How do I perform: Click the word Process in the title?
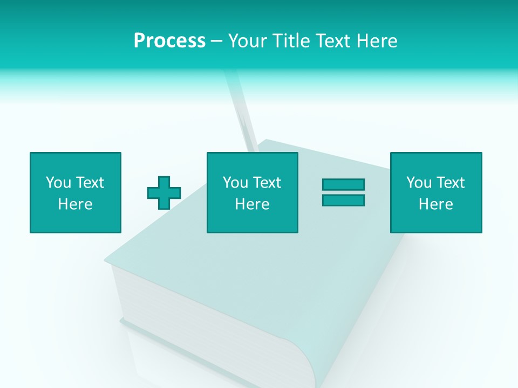pyautogui.click(x=169, y=41)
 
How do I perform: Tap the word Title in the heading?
pyautogui.click(x=290, y=41)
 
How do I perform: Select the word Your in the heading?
pyautogui.click(x=248, y=41)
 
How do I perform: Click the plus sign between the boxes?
pyautogui.click(x=164, y=192)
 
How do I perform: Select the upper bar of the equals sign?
pyautogui.click(x=343, y=184)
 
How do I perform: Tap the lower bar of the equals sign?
pyautogui.click(x=343, y=200)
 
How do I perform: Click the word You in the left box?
pyautogui.click(x=58, y=183)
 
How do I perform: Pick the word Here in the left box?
pyautogui.click(x=76, y=204)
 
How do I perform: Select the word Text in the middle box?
pyautogui.click(x=267, y=183)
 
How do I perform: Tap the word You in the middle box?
pyautogui.click(x=235, y=183)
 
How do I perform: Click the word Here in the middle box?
pyautogui.click(x=253, y=204)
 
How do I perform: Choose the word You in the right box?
pyautogui.click(x=419, y=183)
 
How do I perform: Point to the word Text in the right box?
pyautogui.click(x=450, y=183)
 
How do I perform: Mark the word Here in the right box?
pyautogui.click(x=436, y=204)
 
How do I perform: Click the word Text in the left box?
pyautogui.click(x=90, y=183)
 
